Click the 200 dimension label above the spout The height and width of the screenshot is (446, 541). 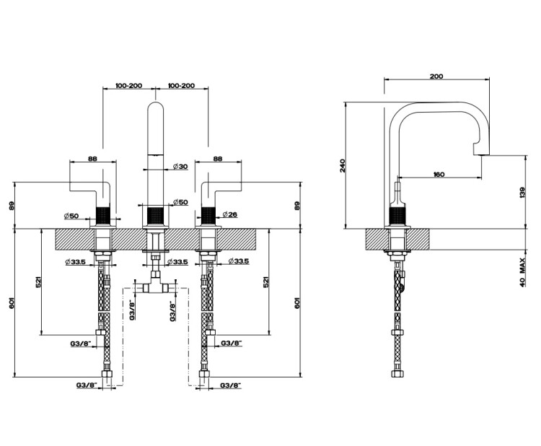tap(436, 76)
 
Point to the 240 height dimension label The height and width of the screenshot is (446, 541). tap(342, 166)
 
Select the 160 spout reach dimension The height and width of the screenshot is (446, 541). tap(439, 175)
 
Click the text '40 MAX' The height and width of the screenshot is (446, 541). tap(522, 272)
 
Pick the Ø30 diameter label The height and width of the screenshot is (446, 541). tap(180, 167)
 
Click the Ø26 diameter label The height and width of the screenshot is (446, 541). tap(230, 214)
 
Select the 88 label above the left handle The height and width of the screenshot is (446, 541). tap(92, 159)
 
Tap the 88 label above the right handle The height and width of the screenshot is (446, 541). tap(218, 159)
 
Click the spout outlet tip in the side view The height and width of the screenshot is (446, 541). tap(481, 154)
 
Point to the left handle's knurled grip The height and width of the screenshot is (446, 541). tap(103, 216)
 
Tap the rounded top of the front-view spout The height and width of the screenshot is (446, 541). tap(156, 103)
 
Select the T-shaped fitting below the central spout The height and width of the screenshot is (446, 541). tap(156, 286)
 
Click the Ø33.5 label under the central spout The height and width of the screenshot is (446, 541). tap(178, 262)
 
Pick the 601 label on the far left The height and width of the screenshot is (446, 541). tap(12, 302)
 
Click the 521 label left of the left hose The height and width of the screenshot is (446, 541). tap(39, 281)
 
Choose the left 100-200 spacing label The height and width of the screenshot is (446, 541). tap(128, 86)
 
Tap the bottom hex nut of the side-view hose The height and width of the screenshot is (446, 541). tap(397, 374)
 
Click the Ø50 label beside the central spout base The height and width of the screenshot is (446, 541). tap(180, 202)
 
